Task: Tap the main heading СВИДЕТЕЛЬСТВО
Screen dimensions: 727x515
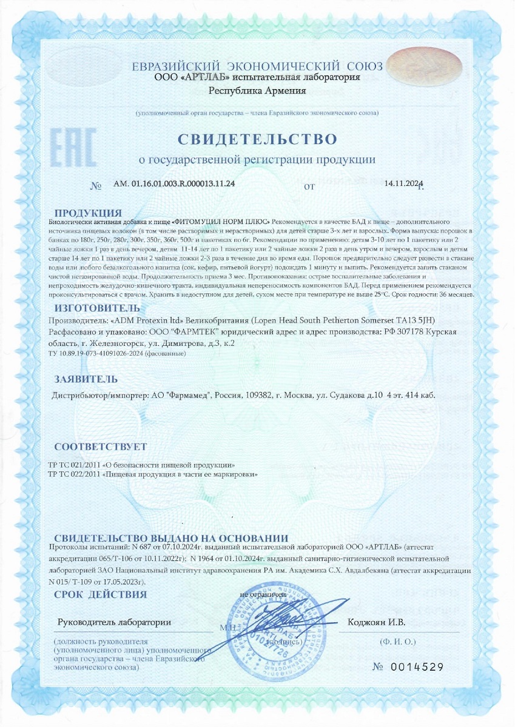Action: point(257,139)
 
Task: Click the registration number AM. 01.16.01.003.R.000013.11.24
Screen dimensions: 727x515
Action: point(174,184)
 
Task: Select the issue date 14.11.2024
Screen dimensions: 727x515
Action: point(403,184)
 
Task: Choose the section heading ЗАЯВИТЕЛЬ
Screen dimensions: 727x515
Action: point(86,379)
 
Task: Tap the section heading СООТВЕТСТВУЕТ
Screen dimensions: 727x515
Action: point(100,447)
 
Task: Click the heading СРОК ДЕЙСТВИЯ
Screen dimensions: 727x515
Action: point(100,594)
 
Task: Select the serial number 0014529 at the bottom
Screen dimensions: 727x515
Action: point(418,667)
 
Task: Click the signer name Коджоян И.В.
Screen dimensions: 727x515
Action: point(376,622)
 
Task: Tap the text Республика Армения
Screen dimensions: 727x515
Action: point(257,91)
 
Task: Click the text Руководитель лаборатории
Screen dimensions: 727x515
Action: point(114,622)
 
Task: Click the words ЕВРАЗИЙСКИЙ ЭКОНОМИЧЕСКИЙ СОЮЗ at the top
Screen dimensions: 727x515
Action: point(257,66)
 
